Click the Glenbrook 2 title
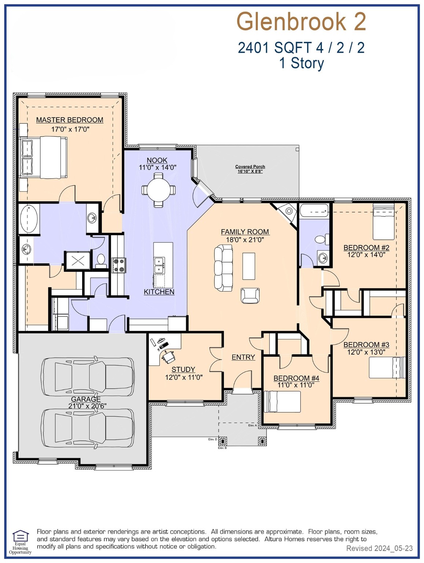[x=301, y=22]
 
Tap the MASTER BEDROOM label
[x=70, y=120]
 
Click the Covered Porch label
[x=250, y=166]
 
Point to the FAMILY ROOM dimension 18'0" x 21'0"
[x=245, y=240]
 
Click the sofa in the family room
[x=224, y=268]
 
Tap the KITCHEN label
[x=159, y=292]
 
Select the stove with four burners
[x=118, y=265]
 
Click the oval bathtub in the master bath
[x=29, y=219]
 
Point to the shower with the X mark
[x=77, y=261]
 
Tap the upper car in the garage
[x=87, y=376]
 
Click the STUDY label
[x=183, y=369]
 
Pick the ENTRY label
[x=243, y=357]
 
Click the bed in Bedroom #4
[x=282, y=402]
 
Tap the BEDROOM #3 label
[x=366, y=345]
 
